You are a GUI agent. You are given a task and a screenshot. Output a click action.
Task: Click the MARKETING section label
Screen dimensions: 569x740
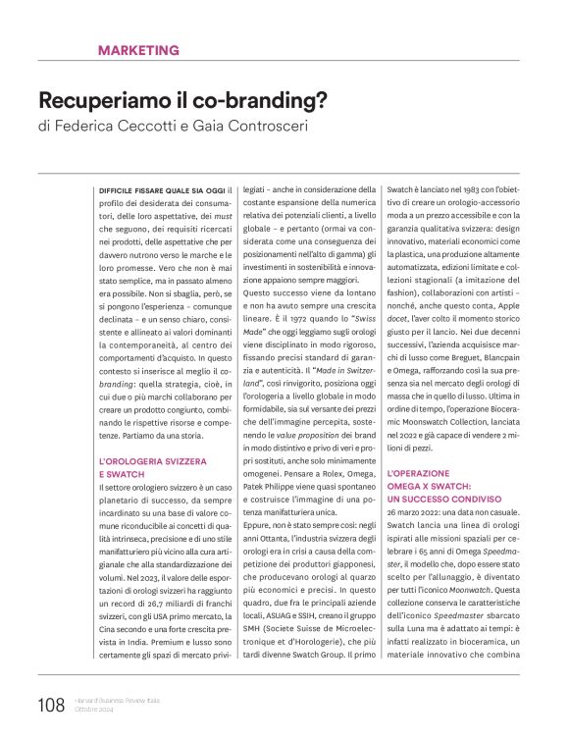[x=138, y=49]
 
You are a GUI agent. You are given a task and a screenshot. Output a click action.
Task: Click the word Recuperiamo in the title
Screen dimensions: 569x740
[x=97, y=100]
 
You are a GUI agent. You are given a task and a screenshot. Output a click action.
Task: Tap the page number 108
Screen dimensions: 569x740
[x=51, y=704]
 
